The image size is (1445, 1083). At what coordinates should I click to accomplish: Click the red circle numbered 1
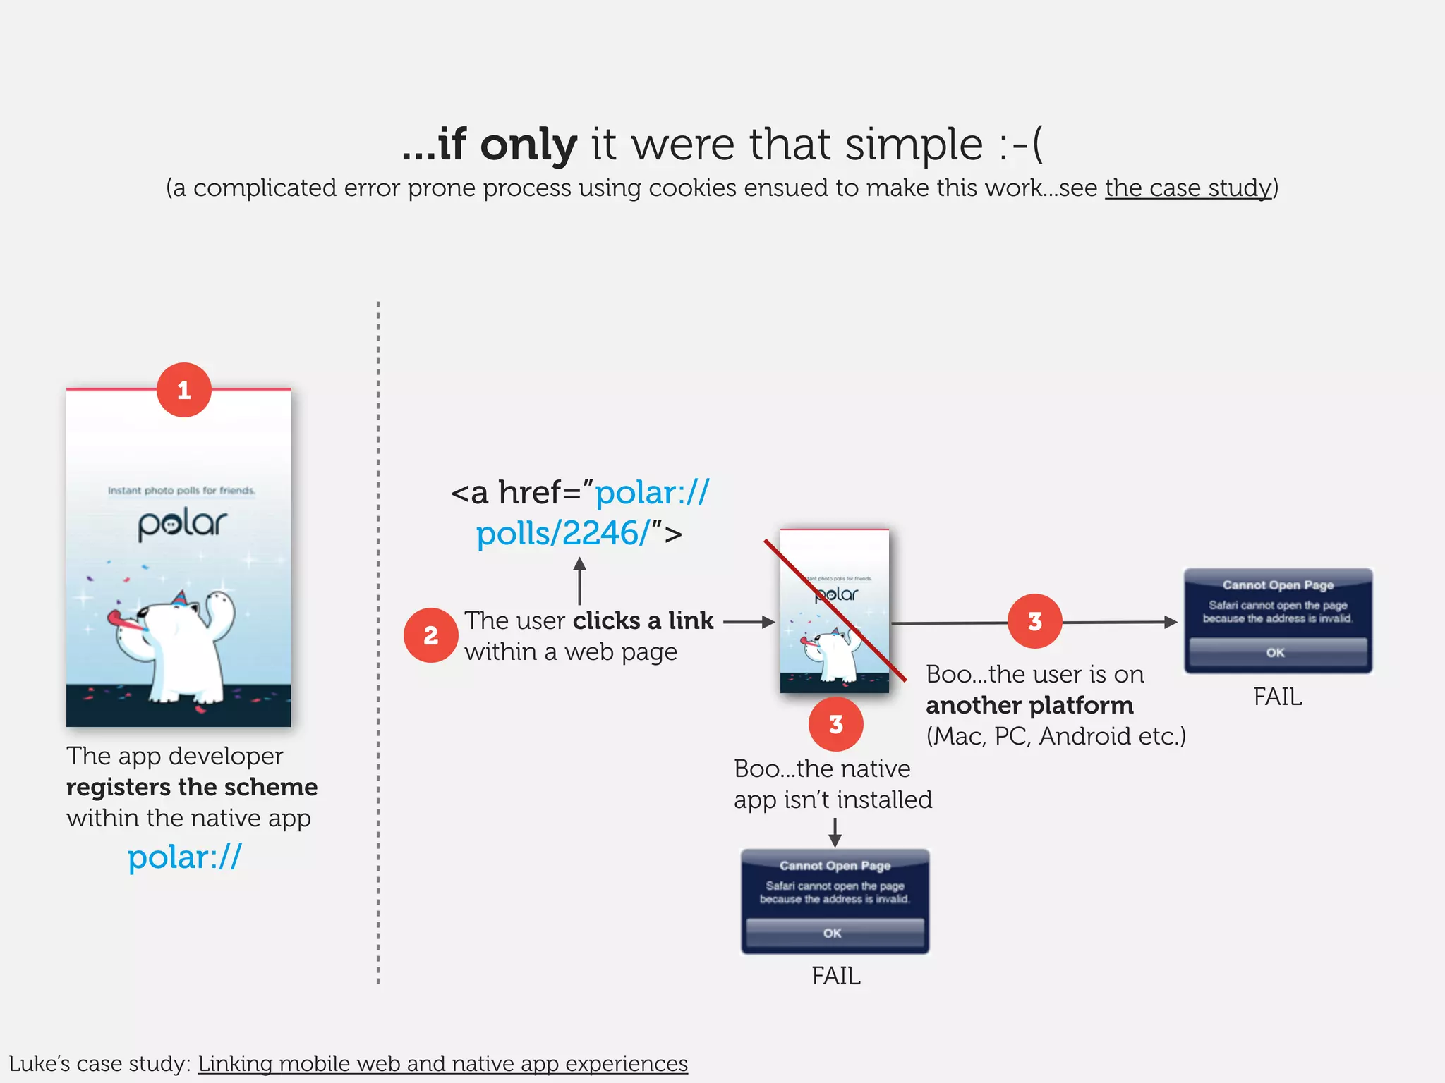pos(183,390)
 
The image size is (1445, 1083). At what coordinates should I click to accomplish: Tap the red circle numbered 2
pos(430,635)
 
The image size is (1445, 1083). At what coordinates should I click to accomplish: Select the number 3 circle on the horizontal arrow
pos(1034,621)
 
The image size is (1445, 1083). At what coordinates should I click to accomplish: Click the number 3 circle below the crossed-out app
pos(835,724)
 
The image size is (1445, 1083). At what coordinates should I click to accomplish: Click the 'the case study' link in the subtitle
pos(1187,188)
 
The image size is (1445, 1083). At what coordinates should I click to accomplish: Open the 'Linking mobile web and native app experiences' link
pos(442,1063)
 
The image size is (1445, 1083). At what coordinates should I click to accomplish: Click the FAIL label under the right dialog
pos(1277,697)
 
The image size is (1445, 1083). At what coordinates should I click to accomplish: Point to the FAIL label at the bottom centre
pos(835,976)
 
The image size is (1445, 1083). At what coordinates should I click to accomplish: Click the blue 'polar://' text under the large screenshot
pos(184,857)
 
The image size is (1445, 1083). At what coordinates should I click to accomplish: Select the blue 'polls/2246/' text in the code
pos(562,534)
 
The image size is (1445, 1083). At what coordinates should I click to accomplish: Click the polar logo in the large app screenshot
pos(182,525)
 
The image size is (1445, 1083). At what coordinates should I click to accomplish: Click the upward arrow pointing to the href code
pos(579,580)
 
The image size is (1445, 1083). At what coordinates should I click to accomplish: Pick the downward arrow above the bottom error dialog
pos(835,833)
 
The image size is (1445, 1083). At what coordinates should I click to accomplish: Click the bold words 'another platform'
pos(1029,705)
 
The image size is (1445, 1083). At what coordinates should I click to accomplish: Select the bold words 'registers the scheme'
pos(192,787)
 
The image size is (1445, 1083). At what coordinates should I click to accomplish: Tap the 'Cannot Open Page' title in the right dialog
pos(1278,585)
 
